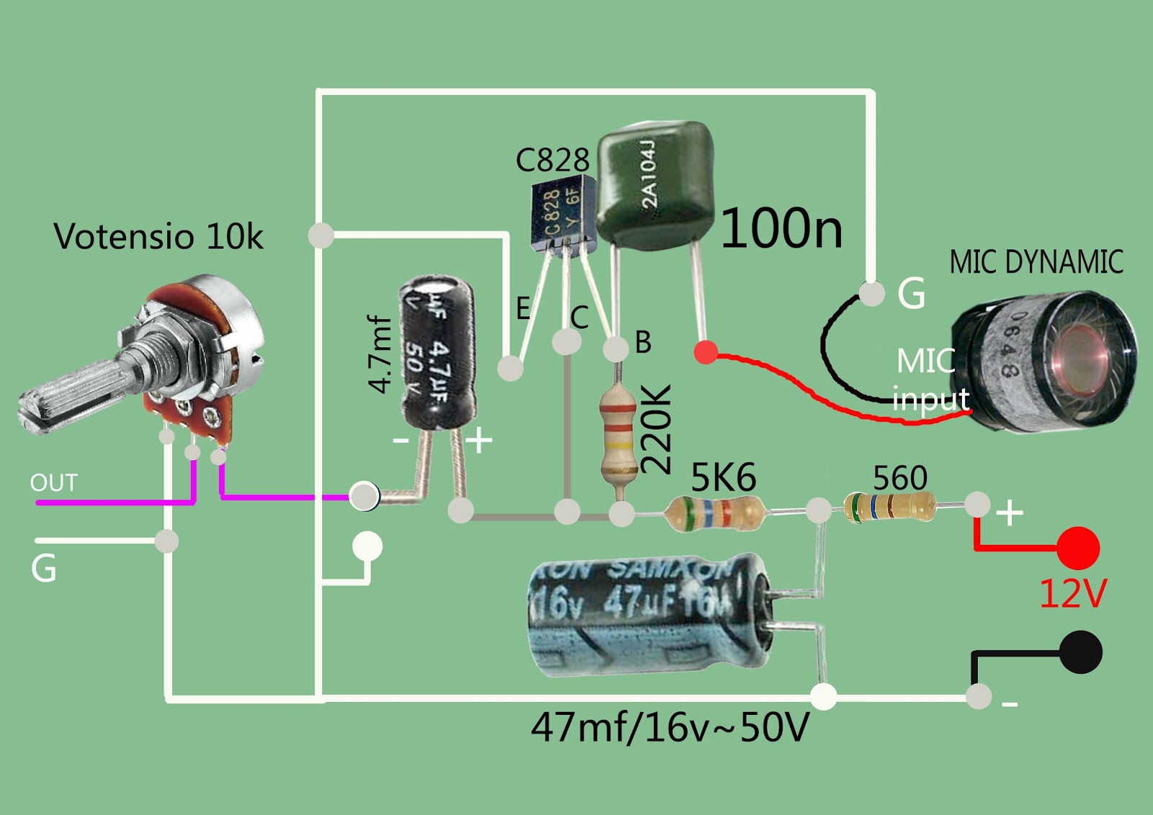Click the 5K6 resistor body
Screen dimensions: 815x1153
(x=714, y=512)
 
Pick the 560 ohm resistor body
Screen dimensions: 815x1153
(x=891, y=507)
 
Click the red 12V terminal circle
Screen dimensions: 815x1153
(x=1078, y=548)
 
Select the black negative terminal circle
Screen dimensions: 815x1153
(x=1080, y=652)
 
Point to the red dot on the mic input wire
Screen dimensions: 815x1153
(x=705, y=352)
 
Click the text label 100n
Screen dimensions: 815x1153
(x=781, y=229)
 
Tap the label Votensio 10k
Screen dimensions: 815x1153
(x=158, y=236)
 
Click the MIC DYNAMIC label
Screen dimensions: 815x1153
(x=1036, y=262)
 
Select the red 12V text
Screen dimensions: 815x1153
(x=1072, y=594)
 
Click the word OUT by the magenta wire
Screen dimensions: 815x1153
(x=53, y=483)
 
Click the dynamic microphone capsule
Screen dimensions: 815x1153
(x=1045, y=360)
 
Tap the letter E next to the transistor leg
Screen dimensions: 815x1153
(x=523, y=308)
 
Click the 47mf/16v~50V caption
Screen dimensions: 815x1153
(x=669, y=727)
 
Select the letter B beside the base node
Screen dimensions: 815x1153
(x=643, y=342)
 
